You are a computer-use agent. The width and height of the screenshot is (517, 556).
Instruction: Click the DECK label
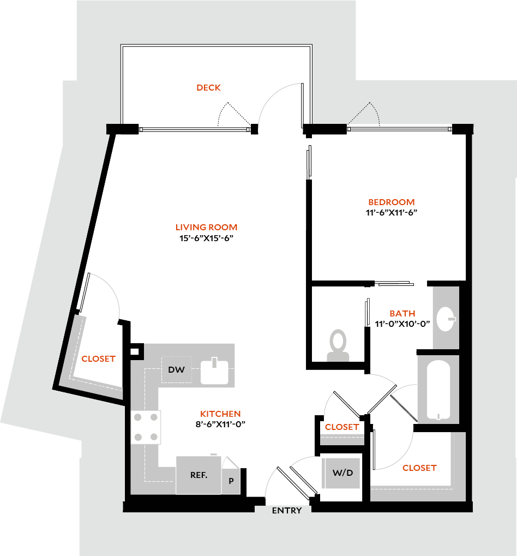208,87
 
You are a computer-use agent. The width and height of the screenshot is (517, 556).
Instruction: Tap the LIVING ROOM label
206,227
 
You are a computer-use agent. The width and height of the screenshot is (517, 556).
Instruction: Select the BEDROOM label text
391,202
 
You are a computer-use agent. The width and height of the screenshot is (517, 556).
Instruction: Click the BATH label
402,313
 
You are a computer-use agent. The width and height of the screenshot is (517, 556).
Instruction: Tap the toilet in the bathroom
338,345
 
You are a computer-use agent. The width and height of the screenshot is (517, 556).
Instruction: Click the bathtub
438,389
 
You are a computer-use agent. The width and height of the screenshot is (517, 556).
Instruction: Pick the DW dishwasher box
176,369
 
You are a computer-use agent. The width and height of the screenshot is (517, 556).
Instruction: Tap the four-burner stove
146,427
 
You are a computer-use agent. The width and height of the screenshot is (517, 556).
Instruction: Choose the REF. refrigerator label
199,475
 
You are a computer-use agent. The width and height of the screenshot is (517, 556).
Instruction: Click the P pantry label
231,481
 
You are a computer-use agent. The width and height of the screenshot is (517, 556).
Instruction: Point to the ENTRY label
287,511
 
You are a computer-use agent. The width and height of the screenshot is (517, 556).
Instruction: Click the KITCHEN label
220,414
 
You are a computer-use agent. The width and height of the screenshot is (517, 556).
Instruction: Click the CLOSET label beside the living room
98,358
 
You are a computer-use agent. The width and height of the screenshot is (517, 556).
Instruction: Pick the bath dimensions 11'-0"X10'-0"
402,324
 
